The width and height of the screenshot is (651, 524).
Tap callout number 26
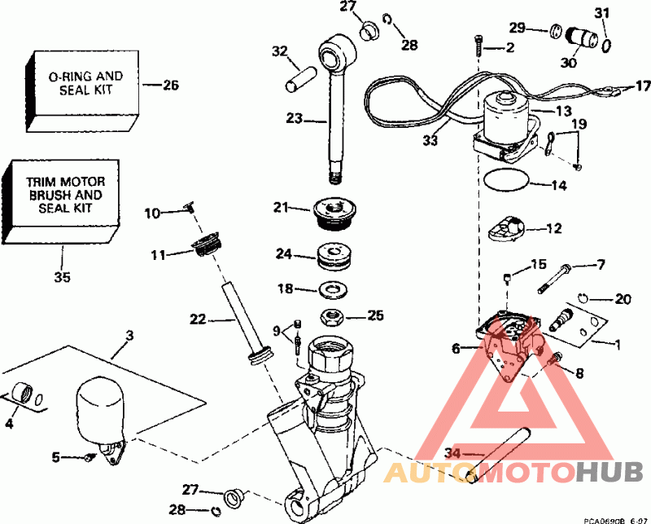pyautogui.click(x=170, y=84)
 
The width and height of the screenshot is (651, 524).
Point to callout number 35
pyautogui.click(x=62, y=278)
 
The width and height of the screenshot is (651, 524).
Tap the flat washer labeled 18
pyautogui.click(x=333, y=288)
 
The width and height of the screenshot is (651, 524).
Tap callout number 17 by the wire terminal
pyautogui.click(x=643, y=86)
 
